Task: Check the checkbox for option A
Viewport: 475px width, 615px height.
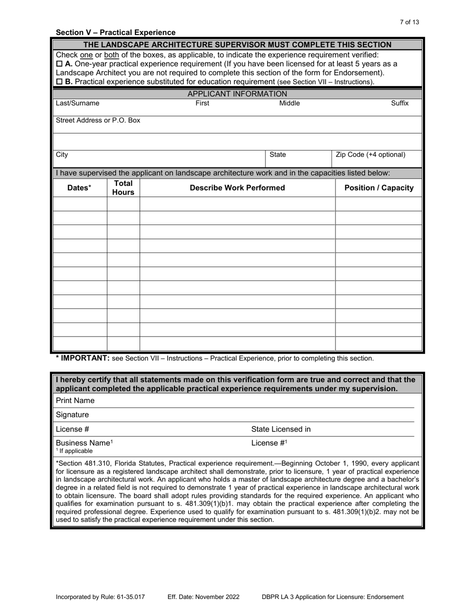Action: coord(59,64)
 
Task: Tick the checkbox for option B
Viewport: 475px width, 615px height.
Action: coord(59,81)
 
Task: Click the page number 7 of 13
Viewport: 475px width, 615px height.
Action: coord(409,22)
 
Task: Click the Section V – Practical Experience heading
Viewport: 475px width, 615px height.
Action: coord(115,32)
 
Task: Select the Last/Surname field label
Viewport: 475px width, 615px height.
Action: coord(77,103)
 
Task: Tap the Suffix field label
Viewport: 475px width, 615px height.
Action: coord(399,103)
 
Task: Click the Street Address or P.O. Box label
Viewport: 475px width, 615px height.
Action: coord(98,120)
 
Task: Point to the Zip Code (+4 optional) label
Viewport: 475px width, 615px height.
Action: coord(370,154)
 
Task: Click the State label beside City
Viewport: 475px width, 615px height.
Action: coord(277,155)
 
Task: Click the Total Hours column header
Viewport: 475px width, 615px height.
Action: coord(123,188)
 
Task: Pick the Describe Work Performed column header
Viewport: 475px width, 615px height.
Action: coord(237,188)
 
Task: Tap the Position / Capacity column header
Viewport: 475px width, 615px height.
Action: coord(379,188)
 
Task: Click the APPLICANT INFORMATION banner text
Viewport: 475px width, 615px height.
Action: coord(237,94)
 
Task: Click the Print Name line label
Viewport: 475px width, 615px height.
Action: coord(75,400)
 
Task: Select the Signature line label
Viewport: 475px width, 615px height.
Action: coord(72,414)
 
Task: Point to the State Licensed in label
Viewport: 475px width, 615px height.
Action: coord(280,429)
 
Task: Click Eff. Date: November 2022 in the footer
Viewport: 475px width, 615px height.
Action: coord(203,597)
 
